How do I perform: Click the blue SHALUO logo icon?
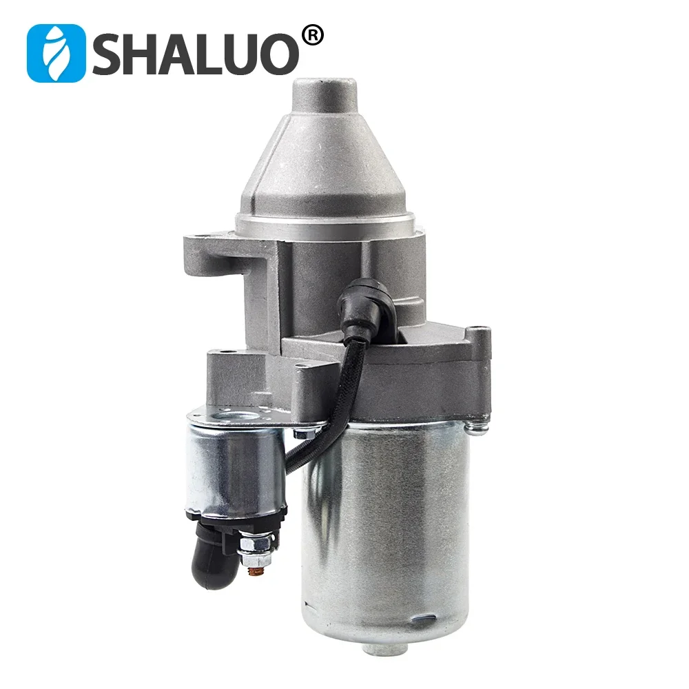[x=56, y=53]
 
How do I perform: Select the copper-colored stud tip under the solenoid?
[x=254, y=571]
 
